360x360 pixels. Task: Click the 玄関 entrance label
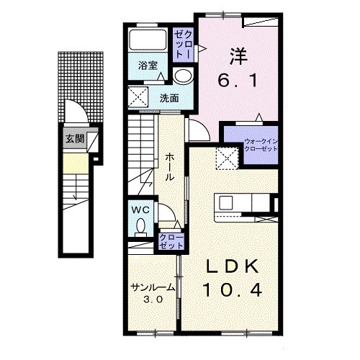pyautogui.click(x=75, y=138)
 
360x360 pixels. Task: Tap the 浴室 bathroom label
pyautogui.click(x=148, y=66)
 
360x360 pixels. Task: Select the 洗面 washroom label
pyautogui.click(x=169, y=98)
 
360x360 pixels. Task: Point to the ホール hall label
pyautogui.click(x=169, y=167)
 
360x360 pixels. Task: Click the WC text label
pyautogui.click(x=140, y=210)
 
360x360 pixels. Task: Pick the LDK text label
pyautogui.click(x=233, y=266)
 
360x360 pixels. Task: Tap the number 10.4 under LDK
pyautogui.click(x=233, y=290)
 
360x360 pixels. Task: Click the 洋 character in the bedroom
pyautogui.click(x=238, y=56)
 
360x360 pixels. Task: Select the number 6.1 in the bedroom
pyautogui.click(x=238, y=80)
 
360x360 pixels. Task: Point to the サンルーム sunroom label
pyautogui.click(x=153, y=287)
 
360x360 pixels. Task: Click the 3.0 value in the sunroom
pyautogui.click(x=153, y=300)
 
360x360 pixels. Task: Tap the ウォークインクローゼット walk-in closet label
pyautogui.click(x=261, y=145)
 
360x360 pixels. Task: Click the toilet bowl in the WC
pyautogui.click(x=140, y=228)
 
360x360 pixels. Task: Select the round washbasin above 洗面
pyautogui.click(x=184, y=76)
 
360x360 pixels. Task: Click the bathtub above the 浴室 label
pyautogui.click(x=148, y=40)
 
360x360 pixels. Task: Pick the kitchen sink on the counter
pyautogui.click(x=226, y=203)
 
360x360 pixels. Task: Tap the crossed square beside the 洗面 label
pyautogui.click(x=138, y=97)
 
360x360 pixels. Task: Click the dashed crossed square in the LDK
pyautogui.click(x=227, y=158)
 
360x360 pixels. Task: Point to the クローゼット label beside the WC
pyautogui.click(x=171, y=242)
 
